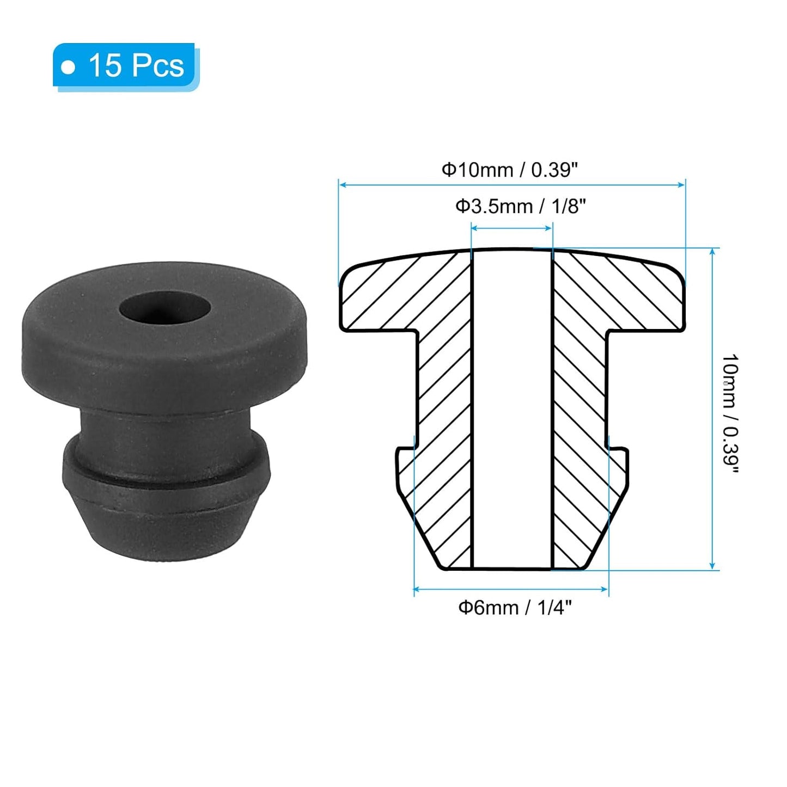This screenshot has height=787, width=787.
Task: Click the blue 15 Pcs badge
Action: tap(125, 66)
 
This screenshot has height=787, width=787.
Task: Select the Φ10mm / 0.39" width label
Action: tap(509, 170)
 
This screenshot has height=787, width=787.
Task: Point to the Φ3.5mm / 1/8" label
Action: tap(520, 206)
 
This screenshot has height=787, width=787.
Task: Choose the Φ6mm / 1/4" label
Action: tap(515, 607)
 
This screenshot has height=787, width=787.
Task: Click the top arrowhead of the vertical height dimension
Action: tap(712, 252)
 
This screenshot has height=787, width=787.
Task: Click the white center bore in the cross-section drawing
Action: tap(512, 408)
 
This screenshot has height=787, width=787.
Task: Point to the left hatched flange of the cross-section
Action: tap(392, 297)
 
